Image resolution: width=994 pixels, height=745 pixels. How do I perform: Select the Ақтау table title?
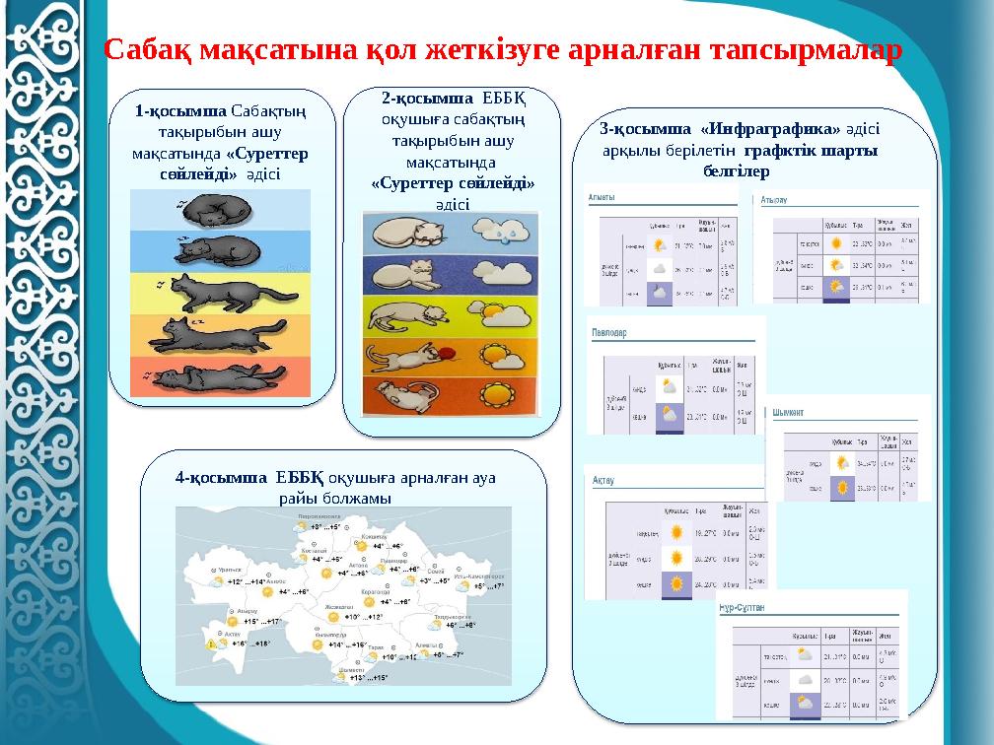[x=603, y=481]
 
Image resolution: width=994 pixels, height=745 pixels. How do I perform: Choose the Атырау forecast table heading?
[x=777, y=200]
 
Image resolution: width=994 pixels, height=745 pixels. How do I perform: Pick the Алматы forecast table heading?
[x=603, y=197]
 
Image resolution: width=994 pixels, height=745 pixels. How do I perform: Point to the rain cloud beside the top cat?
[x=508, y=234]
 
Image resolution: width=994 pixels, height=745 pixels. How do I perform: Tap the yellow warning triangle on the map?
[x=212, y=645]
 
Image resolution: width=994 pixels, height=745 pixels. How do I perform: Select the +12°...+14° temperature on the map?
[x=246, y=582]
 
